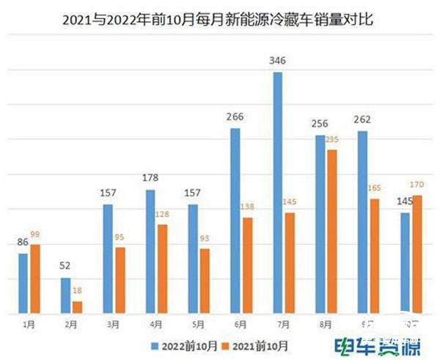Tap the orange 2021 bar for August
(x=332, y=232)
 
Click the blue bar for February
(x=65, y=295)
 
